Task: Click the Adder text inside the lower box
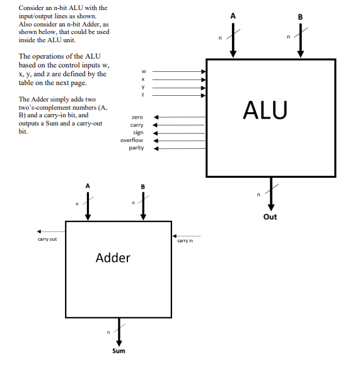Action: click(x=113, y=257)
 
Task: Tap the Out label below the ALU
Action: click(x=270, y=217)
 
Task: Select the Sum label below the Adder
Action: click(x=119, y=351)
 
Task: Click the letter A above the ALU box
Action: click(x=233, y=15)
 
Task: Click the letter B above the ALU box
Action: click(x=300, y=15)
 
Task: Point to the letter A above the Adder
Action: click(x=88, y=186)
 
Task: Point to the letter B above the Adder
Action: click(x=143, y=186)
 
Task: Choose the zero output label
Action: click(x=137, y=117)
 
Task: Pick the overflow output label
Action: click(x=132, y=140)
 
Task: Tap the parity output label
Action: click(x=136, y=148)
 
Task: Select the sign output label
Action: click(x=138, y=132)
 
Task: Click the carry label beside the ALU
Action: click(x=137, y=125)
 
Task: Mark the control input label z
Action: click(x=143, y=95)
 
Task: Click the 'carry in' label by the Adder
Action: click(x=185, y=240)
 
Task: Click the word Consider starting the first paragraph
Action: click(x=31, y=8)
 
